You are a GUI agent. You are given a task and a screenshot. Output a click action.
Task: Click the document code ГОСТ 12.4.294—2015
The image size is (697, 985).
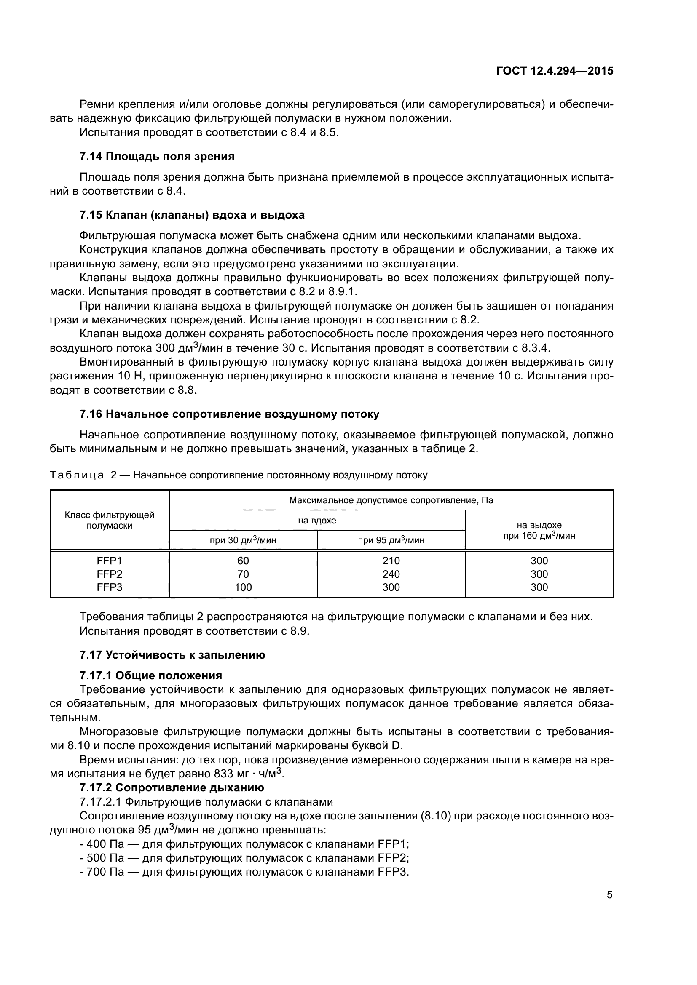(x=555, y=71)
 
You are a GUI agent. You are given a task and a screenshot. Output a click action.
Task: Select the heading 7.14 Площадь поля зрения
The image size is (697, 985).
(x=157, y=156)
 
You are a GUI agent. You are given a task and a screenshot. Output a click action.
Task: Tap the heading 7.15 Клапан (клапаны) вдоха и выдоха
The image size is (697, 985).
(x=192, y=215)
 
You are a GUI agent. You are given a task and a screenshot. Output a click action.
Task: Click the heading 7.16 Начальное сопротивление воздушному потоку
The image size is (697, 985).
(x=229, y=414)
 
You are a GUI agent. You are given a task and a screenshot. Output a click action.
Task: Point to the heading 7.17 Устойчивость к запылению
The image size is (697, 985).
(x=172, y=655)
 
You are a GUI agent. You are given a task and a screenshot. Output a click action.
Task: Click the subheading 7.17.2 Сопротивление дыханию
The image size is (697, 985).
(x=172, y=787)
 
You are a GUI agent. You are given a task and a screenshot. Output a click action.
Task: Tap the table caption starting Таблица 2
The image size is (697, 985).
(x=239, y=475)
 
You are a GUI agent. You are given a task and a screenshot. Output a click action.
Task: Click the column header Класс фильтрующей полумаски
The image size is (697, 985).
(x=110, y=520)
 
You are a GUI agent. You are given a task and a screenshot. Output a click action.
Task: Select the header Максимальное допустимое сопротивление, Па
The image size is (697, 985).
(x=391, y=500)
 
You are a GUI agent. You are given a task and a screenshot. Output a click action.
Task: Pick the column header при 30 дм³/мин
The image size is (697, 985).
(x=243, y=540)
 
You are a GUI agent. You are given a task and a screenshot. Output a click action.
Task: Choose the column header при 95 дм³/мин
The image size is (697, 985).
(x=391, y=540)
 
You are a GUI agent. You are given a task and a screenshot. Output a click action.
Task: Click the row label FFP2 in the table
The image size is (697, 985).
(x=110, y=574)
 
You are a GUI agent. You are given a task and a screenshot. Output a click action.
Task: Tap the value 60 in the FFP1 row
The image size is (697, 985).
(x=243, y=561)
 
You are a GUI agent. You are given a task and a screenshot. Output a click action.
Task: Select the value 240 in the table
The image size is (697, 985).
(x=391, y=574)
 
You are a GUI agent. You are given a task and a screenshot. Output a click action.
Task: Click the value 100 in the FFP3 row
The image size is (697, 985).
(x=243, y=587)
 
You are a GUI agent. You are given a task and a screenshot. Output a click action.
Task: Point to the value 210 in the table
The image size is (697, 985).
(x=391, y=561)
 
